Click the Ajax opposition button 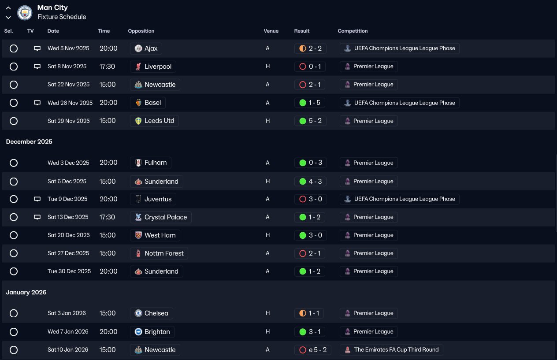coord(146,48)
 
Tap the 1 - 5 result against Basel coord(310,103)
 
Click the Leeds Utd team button coord(154,121)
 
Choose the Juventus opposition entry coord(153,199)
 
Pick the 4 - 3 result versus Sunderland coord(310,182)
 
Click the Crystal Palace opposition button coord(161,217)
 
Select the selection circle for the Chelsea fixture coord(14,313)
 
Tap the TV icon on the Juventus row coord(37,199)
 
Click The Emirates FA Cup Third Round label coord(391,350)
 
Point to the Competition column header coord(353,31)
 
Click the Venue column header coord(271,31)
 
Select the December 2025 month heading coord(29,141)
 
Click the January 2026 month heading coord(26,292)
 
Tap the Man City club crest coord(25,12)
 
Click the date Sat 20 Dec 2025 coord(68,235)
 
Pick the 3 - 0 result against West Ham coord(310,235)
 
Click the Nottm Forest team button coord(159,253)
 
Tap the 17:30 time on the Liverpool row coord(107,67)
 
